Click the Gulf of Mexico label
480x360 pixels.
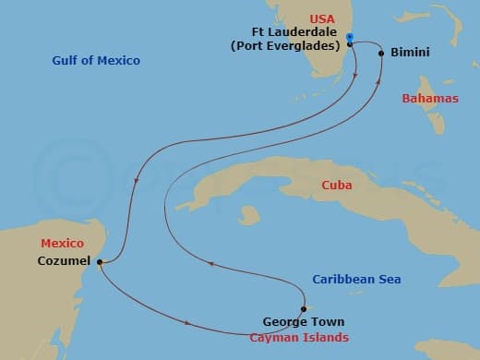(x=97, y=61)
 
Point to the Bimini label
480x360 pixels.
(x=408, y=54)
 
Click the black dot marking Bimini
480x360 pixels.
(x=381, y=54)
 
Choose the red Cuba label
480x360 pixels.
(x=336, y=186)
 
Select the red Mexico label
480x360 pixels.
(x=62, y=244)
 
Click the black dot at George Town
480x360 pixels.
(x=303, y=309)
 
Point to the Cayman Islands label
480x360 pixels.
(x=299, y=338)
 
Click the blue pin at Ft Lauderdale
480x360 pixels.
(x=350, y=38)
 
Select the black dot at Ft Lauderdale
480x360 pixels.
(x=351, y=43)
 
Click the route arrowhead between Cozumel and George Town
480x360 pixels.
(x=189, y=322)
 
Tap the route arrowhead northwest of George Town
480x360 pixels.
(x=210, y=263)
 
